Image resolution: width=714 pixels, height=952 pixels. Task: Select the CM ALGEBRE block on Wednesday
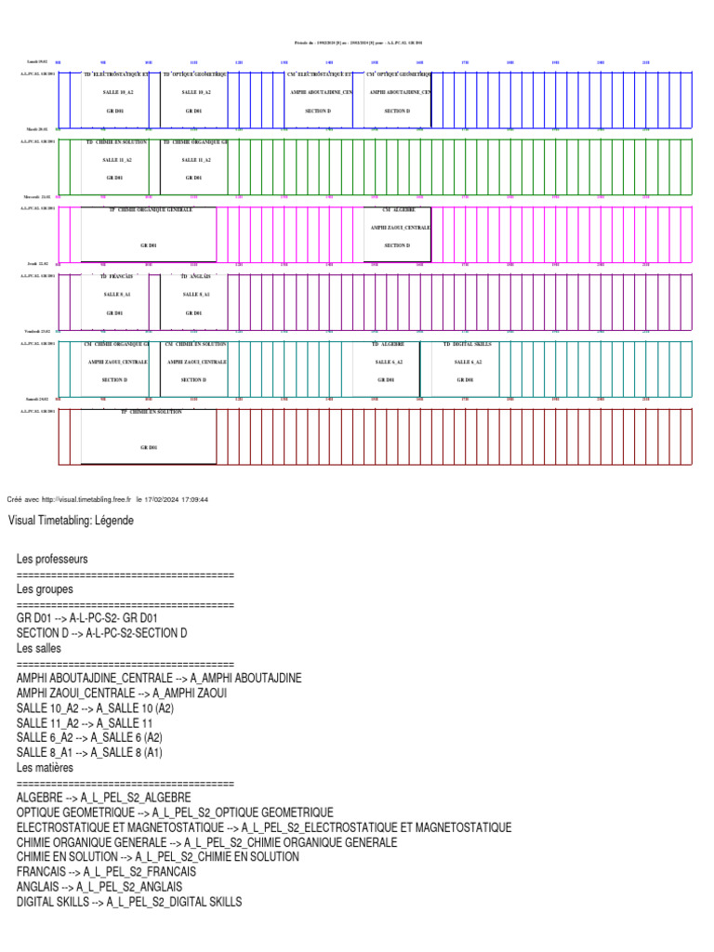point(397,228)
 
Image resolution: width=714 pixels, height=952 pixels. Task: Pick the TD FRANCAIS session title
point(116,277)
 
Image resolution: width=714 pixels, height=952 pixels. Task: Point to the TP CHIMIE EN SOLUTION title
point(151,411)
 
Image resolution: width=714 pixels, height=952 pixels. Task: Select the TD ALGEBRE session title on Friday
point(390,344)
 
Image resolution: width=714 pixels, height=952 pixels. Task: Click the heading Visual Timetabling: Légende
point(71,521)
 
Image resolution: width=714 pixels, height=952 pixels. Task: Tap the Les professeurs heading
point(52,560)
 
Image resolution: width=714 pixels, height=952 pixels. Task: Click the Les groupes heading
point(45,588)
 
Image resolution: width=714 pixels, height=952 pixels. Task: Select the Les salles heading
point(40,648)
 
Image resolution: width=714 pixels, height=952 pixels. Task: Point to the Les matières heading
point(45,768)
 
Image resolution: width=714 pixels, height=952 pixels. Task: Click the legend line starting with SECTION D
point(102,633)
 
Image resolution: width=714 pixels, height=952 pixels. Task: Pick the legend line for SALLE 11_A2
point(85,722)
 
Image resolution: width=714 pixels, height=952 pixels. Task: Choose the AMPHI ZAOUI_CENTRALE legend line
point(122,693)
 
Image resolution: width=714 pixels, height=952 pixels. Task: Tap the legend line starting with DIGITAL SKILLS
point(129,902)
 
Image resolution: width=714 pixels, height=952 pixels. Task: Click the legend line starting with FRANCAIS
point(107,872)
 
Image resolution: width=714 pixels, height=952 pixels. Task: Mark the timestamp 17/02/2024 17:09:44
point(177,499)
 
